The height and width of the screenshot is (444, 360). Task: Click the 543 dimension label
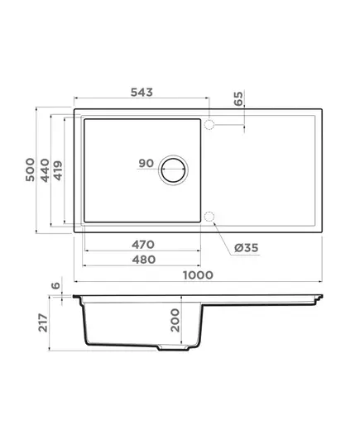142,93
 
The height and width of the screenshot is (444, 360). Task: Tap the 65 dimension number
238,98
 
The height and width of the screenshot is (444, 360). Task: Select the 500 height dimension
30,169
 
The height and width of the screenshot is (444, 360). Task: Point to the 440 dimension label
45,170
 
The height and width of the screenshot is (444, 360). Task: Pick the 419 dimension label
58,170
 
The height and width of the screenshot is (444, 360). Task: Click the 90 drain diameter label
146,164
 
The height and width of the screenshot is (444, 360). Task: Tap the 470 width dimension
143,245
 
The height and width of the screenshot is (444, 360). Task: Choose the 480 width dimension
144,260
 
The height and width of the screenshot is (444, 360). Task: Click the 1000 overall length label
198,275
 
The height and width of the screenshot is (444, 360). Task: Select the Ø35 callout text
247,248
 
